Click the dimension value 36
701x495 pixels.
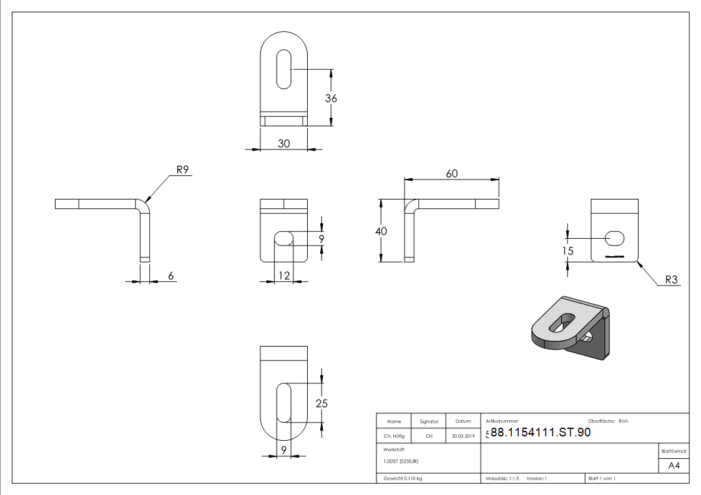[331, 99]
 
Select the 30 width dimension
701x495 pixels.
[283, 143]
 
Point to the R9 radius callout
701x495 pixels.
[182, 169]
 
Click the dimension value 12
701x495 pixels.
[284, 275]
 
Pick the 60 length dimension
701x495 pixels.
[451, 173]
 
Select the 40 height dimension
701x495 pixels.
[381, 231]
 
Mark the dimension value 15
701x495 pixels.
[567, 251]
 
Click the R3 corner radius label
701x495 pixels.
[671, 280]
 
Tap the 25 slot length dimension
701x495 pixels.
[321, 403]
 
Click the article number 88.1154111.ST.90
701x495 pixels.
[541, 433]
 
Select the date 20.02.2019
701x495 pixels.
[463, 436]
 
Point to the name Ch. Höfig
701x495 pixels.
[393, 436]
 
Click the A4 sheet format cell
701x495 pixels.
[674, 466]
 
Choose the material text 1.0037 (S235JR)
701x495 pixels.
[400, 461]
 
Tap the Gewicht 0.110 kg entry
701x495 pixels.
[403, 478]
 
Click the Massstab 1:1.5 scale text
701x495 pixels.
[502, 478]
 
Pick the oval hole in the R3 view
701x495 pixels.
[615, 237]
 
